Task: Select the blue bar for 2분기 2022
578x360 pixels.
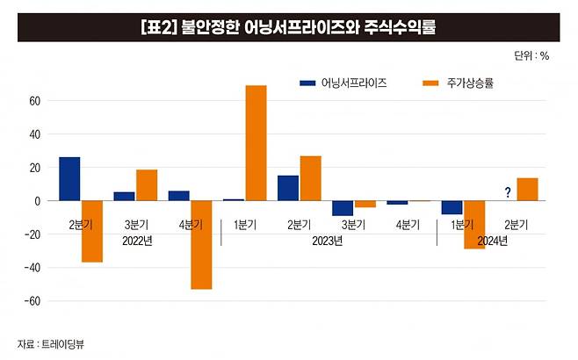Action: point(69,179)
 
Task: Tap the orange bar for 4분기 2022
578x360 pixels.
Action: point(201,245)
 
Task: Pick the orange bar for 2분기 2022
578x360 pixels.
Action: point(91,232)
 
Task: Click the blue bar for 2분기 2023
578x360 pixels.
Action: point(287,188)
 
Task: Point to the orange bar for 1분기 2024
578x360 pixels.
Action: point(474,225)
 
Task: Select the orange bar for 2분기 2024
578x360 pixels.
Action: point(528,190)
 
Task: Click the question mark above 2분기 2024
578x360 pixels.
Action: point(508,192)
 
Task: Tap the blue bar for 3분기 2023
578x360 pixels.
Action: point(343,208)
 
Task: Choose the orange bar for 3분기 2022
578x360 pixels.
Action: point(147,185)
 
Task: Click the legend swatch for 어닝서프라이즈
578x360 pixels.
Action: point(307,83)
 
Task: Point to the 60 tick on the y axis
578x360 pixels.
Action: point(35,101)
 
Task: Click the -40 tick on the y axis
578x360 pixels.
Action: point(33,268)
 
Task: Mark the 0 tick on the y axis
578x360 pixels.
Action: point(38,201)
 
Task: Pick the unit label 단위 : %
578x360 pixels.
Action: point(531,55)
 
